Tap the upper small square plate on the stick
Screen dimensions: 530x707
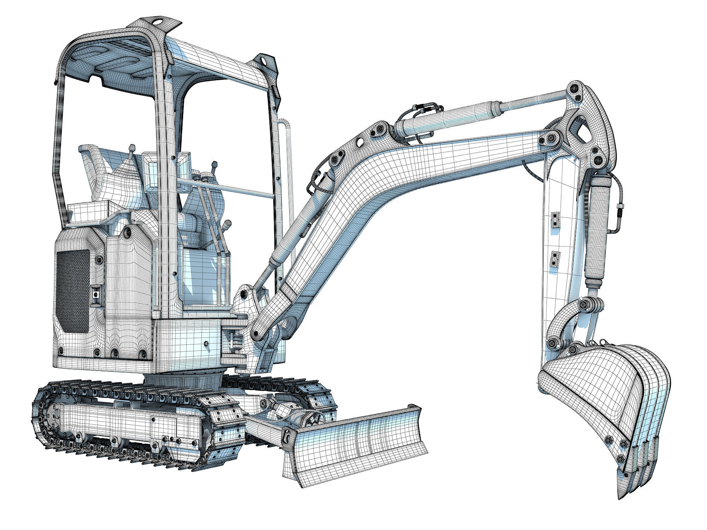(x=556, y=219)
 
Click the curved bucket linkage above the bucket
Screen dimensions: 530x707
(x=562, y=318)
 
